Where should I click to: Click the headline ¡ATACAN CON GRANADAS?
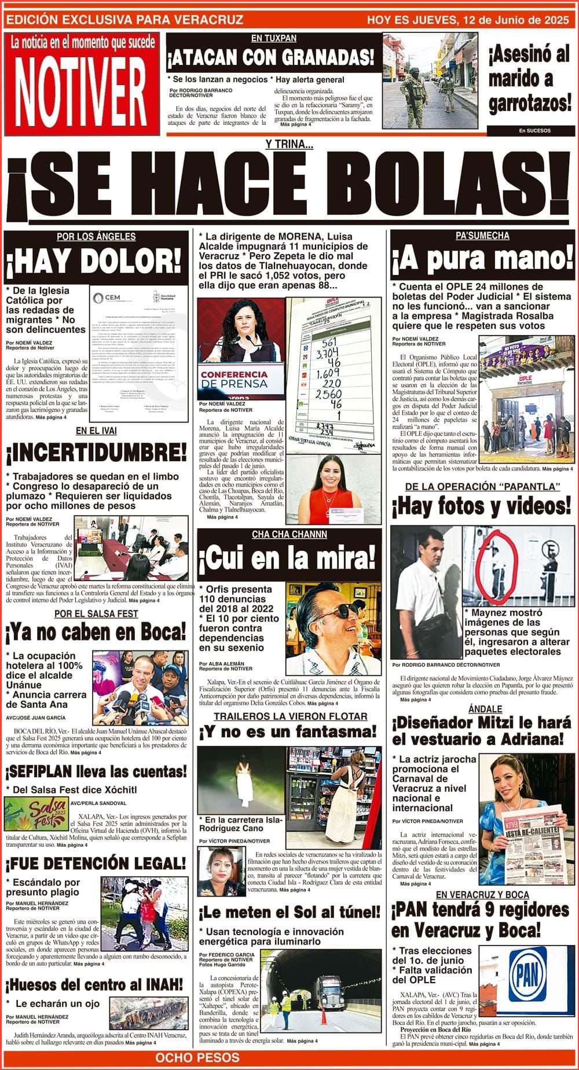(270, 58)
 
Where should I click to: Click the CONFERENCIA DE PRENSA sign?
(234, 379)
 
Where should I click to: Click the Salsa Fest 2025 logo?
(36, 814)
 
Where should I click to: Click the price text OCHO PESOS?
(197, 1058)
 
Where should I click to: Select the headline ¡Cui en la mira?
(288, 560)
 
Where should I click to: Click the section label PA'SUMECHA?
(482, 236)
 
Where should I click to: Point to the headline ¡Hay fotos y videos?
(481, 506)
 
